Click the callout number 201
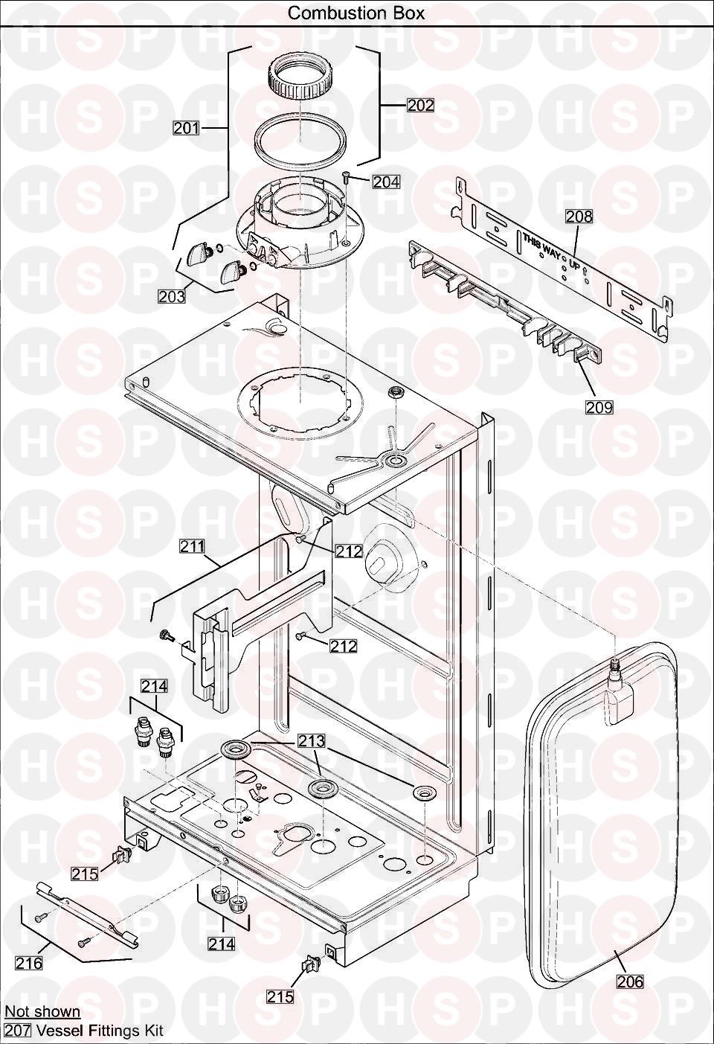186,128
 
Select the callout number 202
420,106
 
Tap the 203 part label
172,296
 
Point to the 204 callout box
387,182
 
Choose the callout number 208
579,217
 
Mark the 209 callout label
599,407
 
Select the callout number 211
193,545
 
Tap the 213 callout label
312,741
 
